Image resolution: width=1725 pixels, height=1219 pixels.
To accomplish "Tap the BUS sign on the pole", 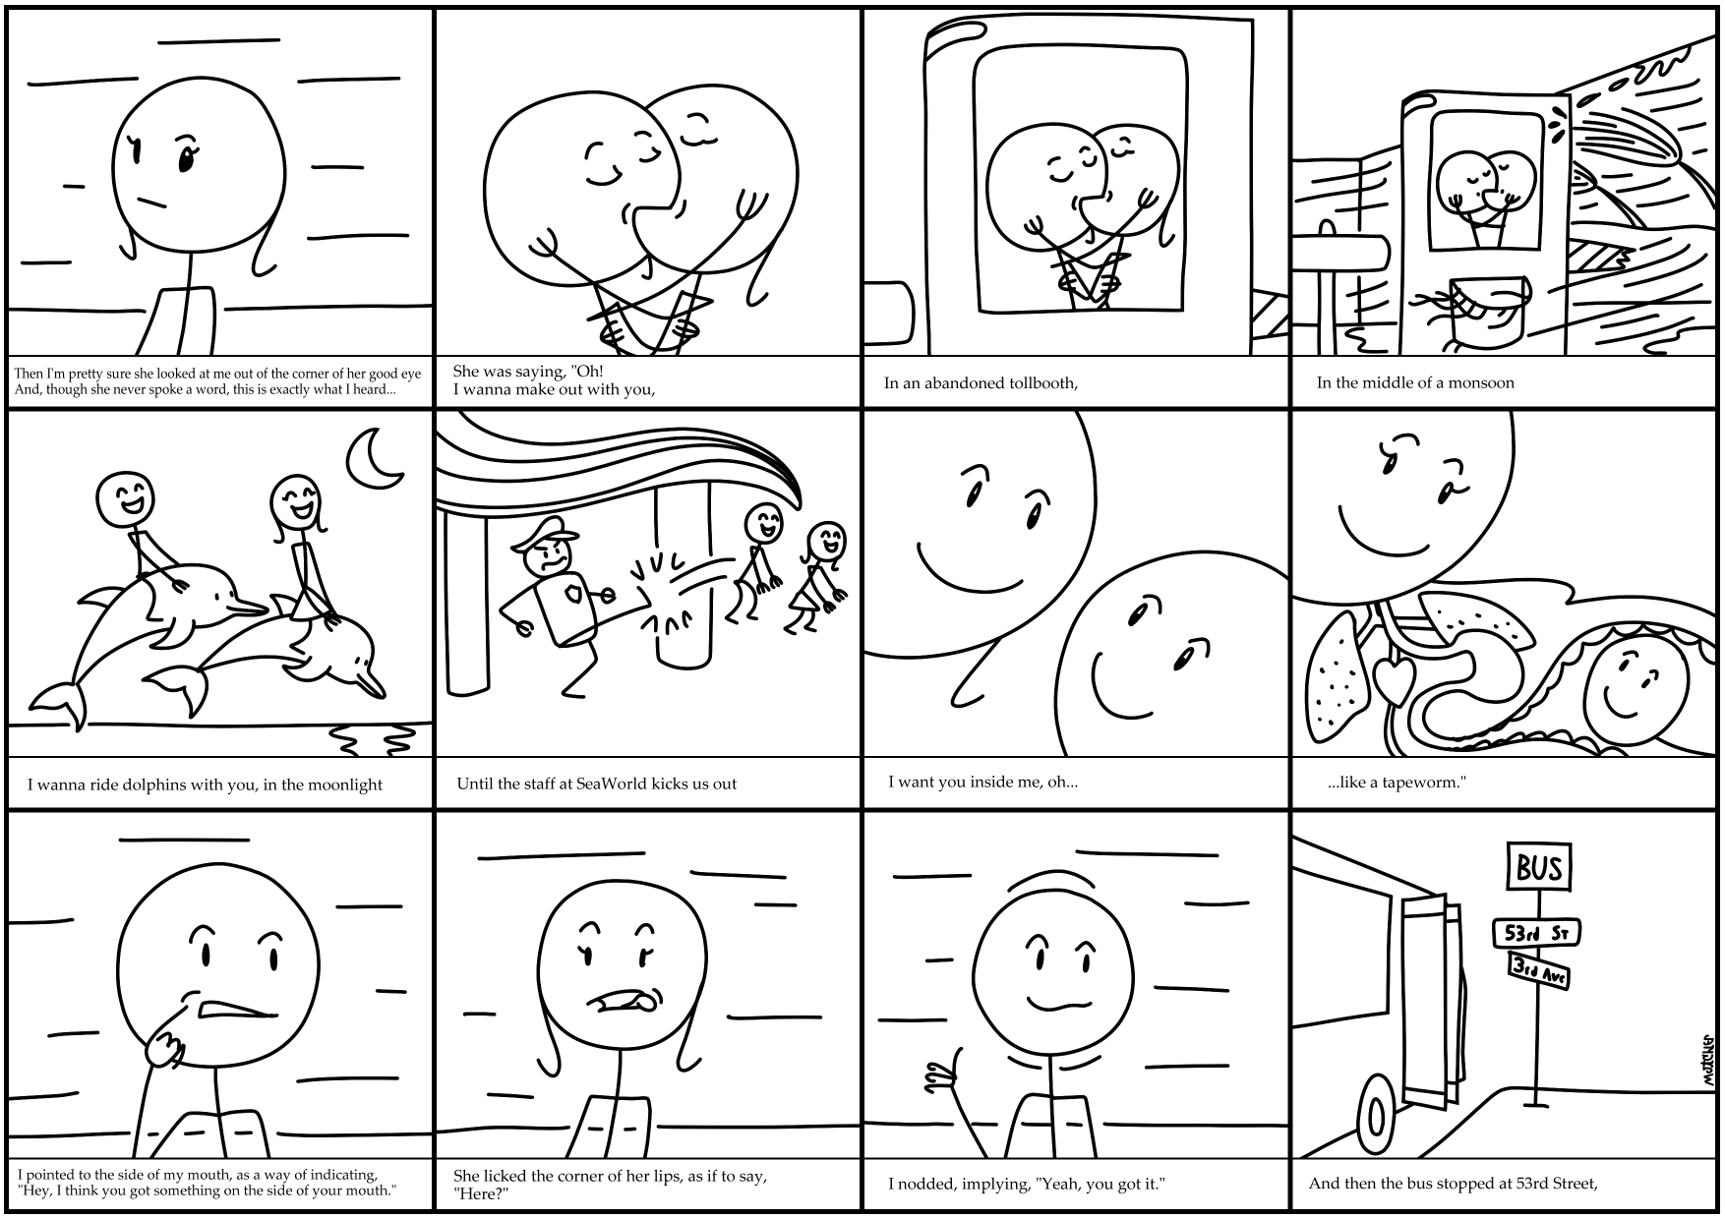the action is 1539,867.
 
